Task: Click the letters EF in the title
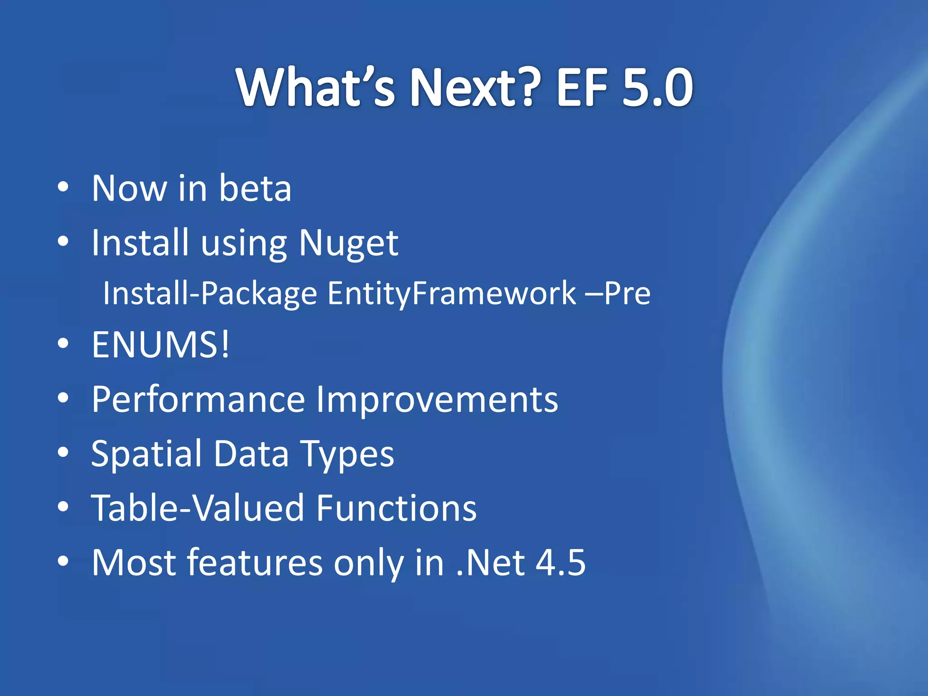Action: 581,87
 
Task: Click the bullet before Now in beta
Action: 63,187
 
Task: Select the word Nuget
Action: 348,243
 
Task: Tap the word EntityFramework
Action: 451,293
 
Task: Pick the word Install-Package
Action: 210,294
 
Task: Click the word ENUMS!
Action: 161,344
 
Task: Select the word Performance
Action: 198,400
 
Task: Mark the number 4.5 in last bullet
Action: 561,562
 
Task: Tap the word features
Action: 255,562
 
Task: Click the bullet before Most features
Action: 63,561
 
